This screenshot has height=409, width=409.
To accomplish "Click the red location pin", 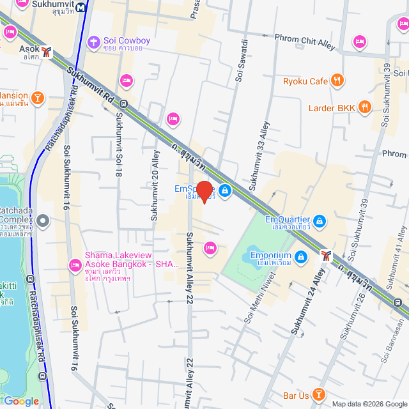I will coord(204,191).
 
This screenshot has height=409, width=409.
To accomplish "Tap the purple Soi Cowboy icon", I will coord(94,42).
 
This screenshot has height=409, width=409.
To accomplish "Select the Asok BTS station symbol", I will coord(47,50).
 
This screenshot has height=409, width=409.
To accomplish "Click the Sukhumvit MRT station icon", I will coord(82,8).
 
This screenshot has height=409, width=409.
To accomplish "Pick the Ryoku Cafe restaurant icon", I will coord(338,81).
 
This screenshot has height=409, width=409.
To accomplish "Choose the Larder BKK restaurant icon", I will coord(364,107).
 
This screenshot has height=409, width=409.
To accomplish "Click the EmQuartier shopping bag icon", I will coord(320,222).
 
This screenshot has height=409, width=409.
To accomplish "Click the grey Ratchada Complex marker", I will coord(43,221).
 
